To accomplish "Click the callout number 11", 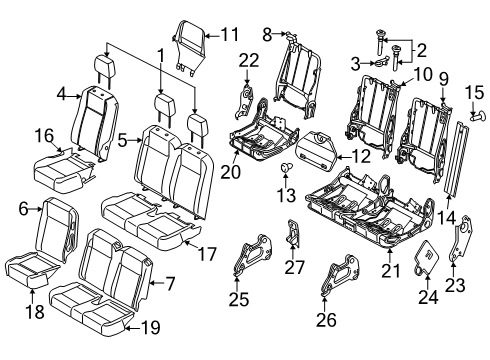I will [x=230, y=34].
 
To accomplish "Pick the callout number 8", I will [x=267, y=34].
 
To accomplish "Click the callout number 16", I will [x=43, y=134].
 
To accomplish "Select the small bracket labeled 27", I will [x=292, y=237].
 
